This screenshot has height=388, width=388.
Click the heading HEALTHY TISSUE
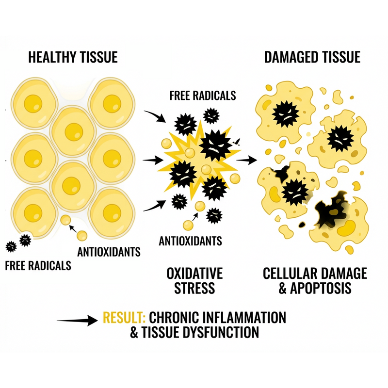(73, 57)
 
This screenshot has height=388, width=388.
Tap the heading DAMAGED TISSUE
(312, 57)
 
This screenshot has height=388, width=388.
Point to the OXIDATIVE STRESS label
(194, 280)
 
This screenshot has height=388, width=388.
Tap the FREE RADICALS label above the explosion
(202, 95)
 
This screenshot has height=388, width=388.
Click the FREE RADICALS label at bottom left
(37, 265)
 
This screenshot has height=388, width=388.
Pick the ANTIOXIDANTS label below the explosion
(190, 240)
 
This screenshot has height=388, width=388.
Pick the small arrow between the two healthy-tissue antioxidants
(72, 226)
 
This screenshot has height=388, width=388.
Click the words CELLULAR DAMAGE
(315, 273)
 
